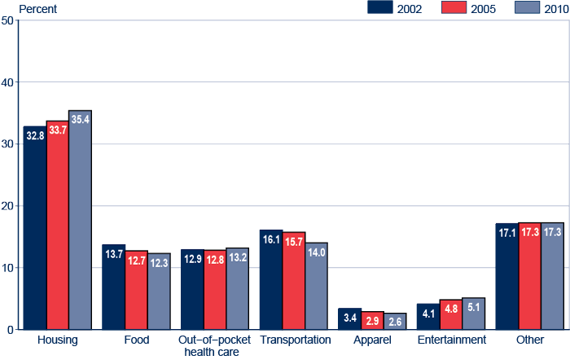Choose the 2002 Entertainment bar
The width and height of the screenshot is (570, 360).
(427, 317)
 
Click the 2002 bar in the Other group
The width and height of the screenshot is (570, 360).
(506, 276)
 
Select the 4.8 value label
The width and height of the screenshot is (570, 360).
(450, 309)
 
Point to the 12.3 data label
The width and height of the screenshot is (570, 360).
(159, 262)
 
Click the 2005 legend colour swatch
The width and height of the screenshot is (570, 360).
(453, 7)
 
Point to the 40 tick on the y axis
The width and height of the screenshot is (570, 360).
(7, 82)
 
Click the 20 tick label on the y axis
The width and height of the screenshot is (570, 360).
(7, 206)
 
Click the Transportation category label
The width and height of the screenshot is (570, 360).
(296, 340)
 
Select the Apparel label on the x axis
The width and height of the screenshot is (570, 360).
(374, 340)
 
